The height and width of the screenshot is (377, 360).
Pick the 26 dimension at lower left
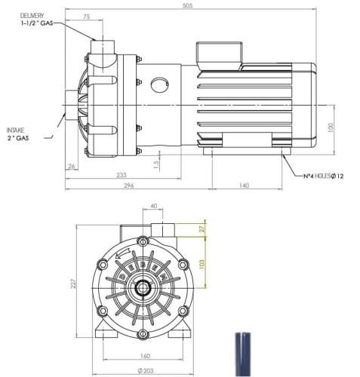[70, 167]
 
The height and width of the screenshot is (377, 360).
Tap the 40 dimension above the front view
[154, 206]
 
